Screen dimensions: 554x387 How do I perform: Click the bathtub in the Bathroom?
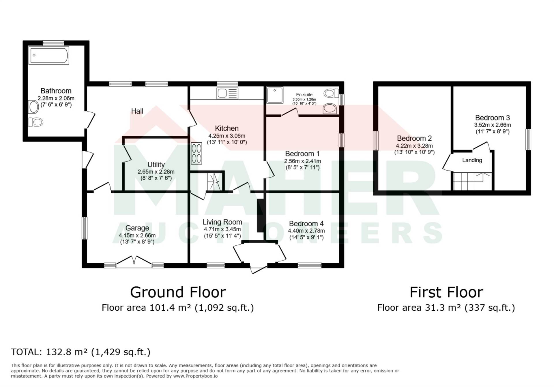(x=49, y=55)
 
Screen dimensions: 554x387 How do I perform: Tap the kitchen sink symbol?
(x=227, y=93)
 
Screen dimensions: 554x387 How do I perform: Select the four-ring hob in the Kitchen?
(x=196, y=154)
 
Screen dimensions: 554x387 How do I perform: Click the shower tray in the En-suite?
(x=275, y=95)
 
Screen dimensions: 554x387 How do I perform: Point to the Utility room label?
(x=156, y=165)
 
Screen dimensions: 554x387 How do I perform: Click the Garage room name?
(x=137, y=228)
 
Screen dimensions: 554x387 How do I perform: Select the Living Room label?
(x=222, y=222)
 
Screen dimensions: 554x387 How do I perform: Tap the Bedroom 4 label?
(x=306, y=224)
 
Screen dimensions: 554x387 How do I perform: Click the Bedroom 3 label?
(x=493, y=118)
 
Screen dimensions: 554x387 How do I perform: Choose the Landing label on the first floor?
(x=472, y=160)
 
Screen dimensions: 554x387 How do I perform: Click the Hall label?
(x=137, y=111)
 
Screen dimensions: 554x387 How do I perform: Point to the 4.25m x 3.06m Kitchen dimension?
(x=227, y=136)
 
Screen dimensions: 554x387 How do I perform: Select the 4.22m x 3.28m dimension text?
(x=414, y=146)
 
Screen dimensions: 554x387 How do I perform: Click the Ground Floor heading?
(x=178, y=292)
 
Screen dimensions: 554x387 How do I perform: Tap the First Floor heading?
(x=446, y=292)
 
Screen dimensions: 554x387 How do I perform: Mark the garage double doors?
(x=134, y=262)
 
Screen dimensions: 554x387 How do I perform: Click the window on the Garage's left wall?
(x=85, y=228)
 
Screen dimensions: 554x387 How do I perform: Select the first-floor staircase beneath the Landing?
(x=472, y=181)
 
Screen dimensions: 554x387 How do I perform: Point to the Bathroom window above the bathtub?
(x=53, y=43)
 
